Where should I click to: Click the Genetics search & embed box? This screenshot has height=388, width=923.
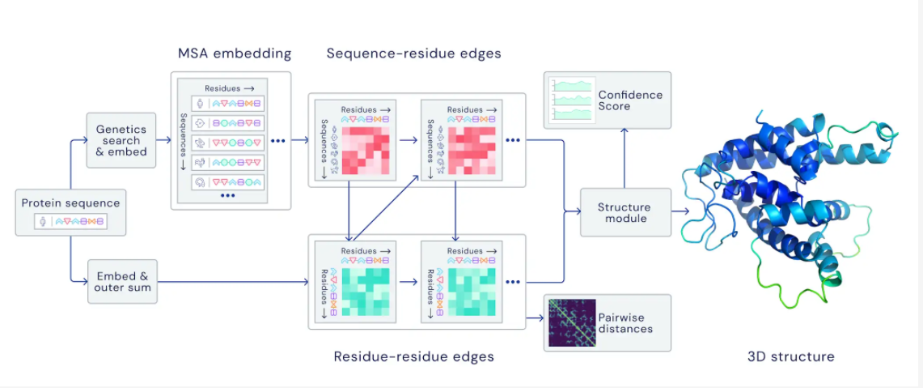point(121,140)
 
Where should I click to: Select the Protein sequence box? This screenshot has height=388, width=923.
point(70,212)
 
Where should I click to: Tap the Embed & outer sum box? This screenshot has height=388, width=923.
point(121,281)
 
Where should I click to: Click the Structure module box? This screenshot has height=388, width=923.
point(625,213)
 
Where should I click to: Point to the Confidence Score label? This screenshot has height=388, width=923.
point(630,100)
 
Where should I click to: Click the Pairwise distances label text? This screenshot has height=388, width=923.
point(625,322)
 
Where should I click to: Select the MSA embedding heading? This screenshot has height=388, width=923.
point(235,54)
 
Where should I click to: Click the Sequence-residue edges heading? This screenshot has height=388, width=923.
point(413,54)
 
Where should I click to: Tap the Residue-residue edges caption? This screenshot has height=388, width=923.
point(413,356)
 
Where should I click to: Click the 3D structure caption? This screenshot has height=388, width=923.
point(790,356)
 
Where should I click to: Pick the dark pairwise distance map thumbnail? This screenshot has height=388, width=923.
point(572,322)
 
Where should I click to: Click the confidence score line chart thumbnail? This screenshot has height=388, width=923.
point(572,100)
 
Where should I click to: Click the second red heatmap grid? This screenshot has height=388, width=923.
point(472,151)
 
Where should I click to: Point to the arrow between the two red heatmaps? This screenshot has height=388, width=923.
point(407,140)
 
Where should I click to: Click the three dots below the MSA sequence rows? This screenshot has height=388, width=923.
point(227,195)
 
